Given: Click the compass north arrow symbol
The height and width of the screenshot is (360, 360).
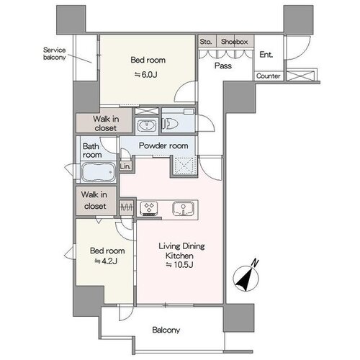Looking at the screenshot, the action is point(246,279).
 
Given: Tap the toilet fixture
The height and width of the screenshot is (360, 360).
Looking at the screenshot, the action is point(171,124).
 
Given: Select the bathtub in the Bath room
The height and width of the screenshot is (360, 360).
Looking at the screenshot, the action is point(98,172).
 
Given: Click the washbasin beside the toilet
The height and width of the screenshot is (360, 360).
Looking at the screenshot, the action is point(147,125).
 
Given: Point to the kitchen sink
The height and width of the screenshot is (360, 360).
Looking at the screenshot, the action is point(183,208).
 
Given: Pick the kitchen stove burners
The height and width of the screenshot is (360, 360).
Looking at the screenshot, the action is point(149,207).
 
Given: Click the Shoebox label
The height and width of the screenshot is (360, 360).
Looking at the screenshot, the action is point(234,42).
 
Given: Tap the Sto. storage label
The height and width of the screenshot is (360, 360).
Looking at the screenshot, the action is point(206,42).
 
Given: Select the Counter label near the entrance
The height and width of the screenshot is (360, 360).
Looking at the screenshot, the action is point(269,76).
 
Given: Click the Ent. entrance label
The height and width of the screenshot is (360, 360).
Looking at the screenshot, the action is point(266,55).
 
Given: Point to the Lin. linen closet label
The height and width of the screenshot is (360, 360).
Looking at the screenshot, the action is point(125,166).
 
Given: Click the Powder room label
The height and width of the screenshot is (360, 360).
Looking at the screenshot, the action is point(163,145).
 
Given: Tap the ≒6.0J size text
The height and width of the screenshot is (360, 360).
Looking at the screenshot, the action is point(146,75).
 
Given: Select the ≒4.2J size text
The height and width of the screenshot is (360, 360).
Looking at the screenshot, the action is point(106,261).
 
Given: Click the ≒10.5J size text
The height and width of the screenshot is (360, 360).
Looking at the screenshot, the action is point(179,265).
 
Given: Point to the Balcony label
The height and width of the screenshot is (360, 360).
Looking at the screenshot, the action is point(166,330).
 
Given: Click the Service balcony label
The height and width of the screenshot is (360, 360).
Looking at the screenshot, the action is point(55,54).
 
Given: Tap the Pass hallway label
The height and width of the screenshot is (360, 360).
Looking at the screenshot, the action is point(223,66).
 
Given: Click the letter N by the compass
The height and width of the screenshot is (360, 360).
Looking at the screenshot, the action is point(255,263).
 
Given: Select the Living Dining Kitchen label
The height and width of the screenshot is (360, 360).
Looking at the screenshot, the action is point(181,251).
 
